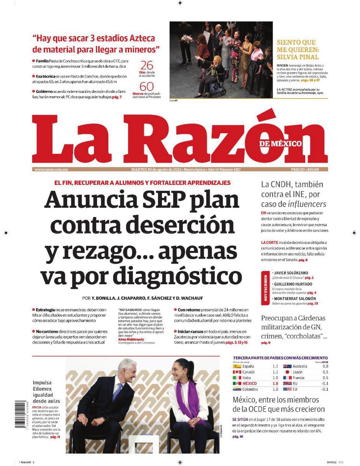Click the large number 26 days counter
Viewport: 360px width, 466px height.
coord(146,65)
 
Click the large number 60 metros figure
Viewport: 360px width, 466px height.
coord(146,86)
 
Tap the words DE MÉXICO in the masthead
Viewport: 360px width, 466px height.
coord(281,143)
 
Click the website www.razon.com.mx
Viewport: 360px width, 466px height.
coord(51,169)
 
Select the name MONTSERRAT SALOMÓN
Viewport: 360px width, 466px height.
coord(294,298)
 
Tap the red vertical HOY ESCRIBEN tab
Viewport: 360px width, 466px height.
coord(266,288)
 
